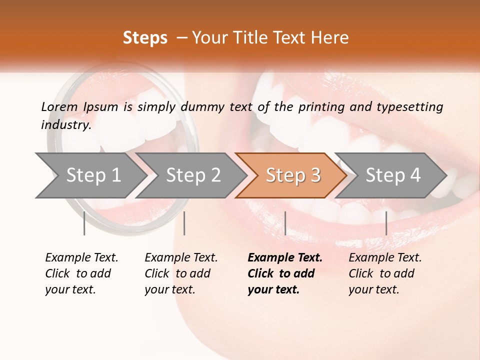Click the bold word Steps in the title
[145, 38]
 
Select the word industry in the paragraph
[65, 125]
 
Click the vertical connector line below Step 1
[84, 223]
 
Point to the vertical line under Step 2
[184, 223]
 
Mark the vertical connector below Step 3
[285, 223]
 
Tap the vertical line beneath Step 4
[386, 223]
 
